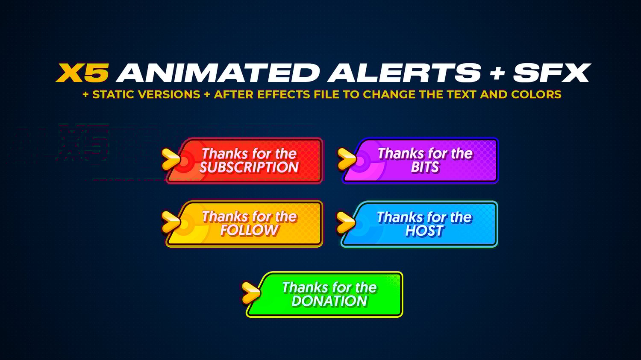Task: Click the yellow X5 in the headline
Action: pos(82,73)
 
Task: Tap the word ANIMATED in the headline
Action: pos(218,73)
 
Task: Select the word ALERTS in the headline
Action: pos(404,73)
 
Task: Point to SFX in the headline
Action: pos(552,73)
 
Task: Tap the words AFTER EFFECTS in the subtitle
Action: pos(262,95)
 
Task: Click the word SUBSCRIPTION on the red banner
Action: pos(249,167)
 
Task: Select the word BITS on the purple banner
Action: pos(425,167)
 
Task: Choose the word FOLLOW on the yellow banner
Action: pos(250,230)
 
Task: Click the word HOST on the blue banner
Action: pos(424,231)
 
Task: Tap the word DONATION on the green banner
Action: pos(329,301)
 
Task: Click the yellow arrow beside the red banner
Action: pos(171,159)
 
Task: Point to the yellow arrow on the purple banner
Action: pos(347,159)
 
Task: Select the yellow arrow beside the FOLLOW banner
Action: pos(171,222)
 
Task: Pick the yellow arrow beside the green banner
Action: pos(251,293)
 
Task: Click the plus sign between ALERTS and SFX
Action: pos(497,73)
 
